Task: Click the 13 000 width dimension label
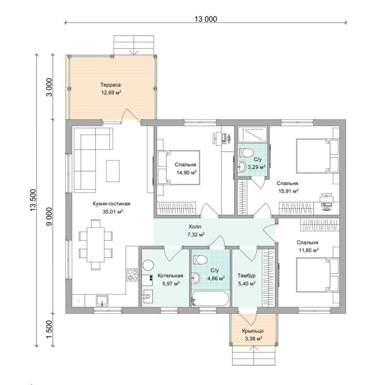coord(206,19)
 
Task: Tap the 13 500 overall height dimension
coord(33,200)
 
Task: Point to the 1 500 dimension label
coord(49,329)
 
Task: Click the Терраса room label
coord(111,85)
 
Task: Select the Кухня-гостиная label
coord(112,204)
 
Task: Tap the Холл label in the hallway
coord(195,227)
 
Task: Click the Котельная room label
coord(170,276)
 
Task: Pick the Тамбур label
coord(246,276)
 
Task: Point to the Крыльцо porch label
coord(253,331)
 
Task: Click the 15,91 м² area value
coord(288,191)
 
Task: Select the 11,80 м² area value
coord(309,250)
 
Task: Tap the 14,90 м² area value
coord(186,173)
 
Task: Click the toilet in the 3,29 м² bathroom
coord(246,153)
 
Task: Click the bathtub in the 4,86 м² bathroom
coord(210,299)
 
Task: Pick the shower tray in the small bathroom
coord(252,134)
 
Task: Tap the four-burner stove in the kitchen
coord(132,275)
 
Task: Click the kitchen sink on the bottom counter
coord(102,301)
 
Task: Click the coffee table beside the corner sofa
coord(113,171)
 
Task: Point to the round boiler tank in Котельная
coord(148,266)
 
